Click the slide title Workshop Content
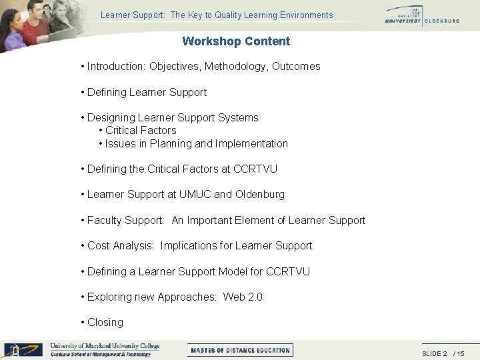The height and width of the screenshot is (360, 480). click(236, 41)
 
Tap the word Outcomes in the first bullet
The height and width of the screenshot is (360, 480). click(296, 67)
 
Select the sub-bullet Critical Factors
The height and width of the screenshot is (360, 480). click(141, 131)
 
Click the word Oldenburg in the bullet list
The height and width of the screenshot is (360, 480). click(259, 195)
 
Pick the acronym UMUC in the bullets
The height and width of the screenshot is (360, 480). click(195, 195)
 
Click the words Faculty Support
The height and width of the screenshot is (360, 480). click(125, 221)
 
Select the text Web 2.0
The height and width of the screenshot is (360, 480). click(243, 297)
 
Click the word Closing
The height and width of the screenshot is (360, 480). click(105, 323)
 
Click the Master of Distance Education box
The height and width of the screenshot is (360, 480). click(240, 350)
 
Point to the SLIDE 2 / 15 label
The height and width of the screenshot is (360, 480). click(443, 353)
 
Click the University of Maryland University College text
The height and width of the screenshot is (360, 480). click(105, 346)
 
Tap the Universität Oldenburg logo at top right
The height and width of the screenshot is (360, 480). click(421, 15)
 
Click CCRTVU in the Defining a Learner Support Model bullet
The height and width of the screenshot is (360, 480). click(288, 272)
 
